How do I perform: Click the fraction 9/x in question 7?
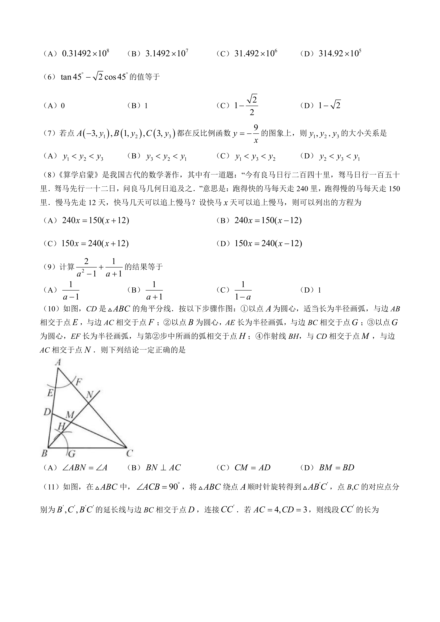[x=256, y=133]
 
